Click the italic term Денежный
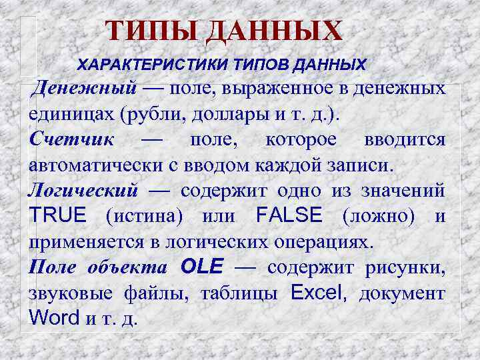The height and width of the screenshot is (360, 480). [86, 88]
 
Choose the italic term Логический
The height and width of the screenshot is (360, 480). [83, 190]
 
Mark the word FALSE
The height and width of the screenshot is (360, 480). [289, 215]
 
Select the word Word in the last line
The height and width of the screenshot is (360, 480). [55, 317]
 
